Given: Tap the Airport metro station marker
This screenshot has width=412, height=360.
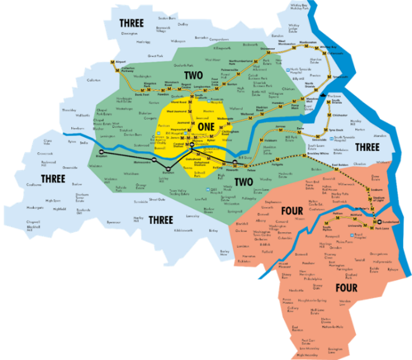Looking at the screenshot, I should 112,62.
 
